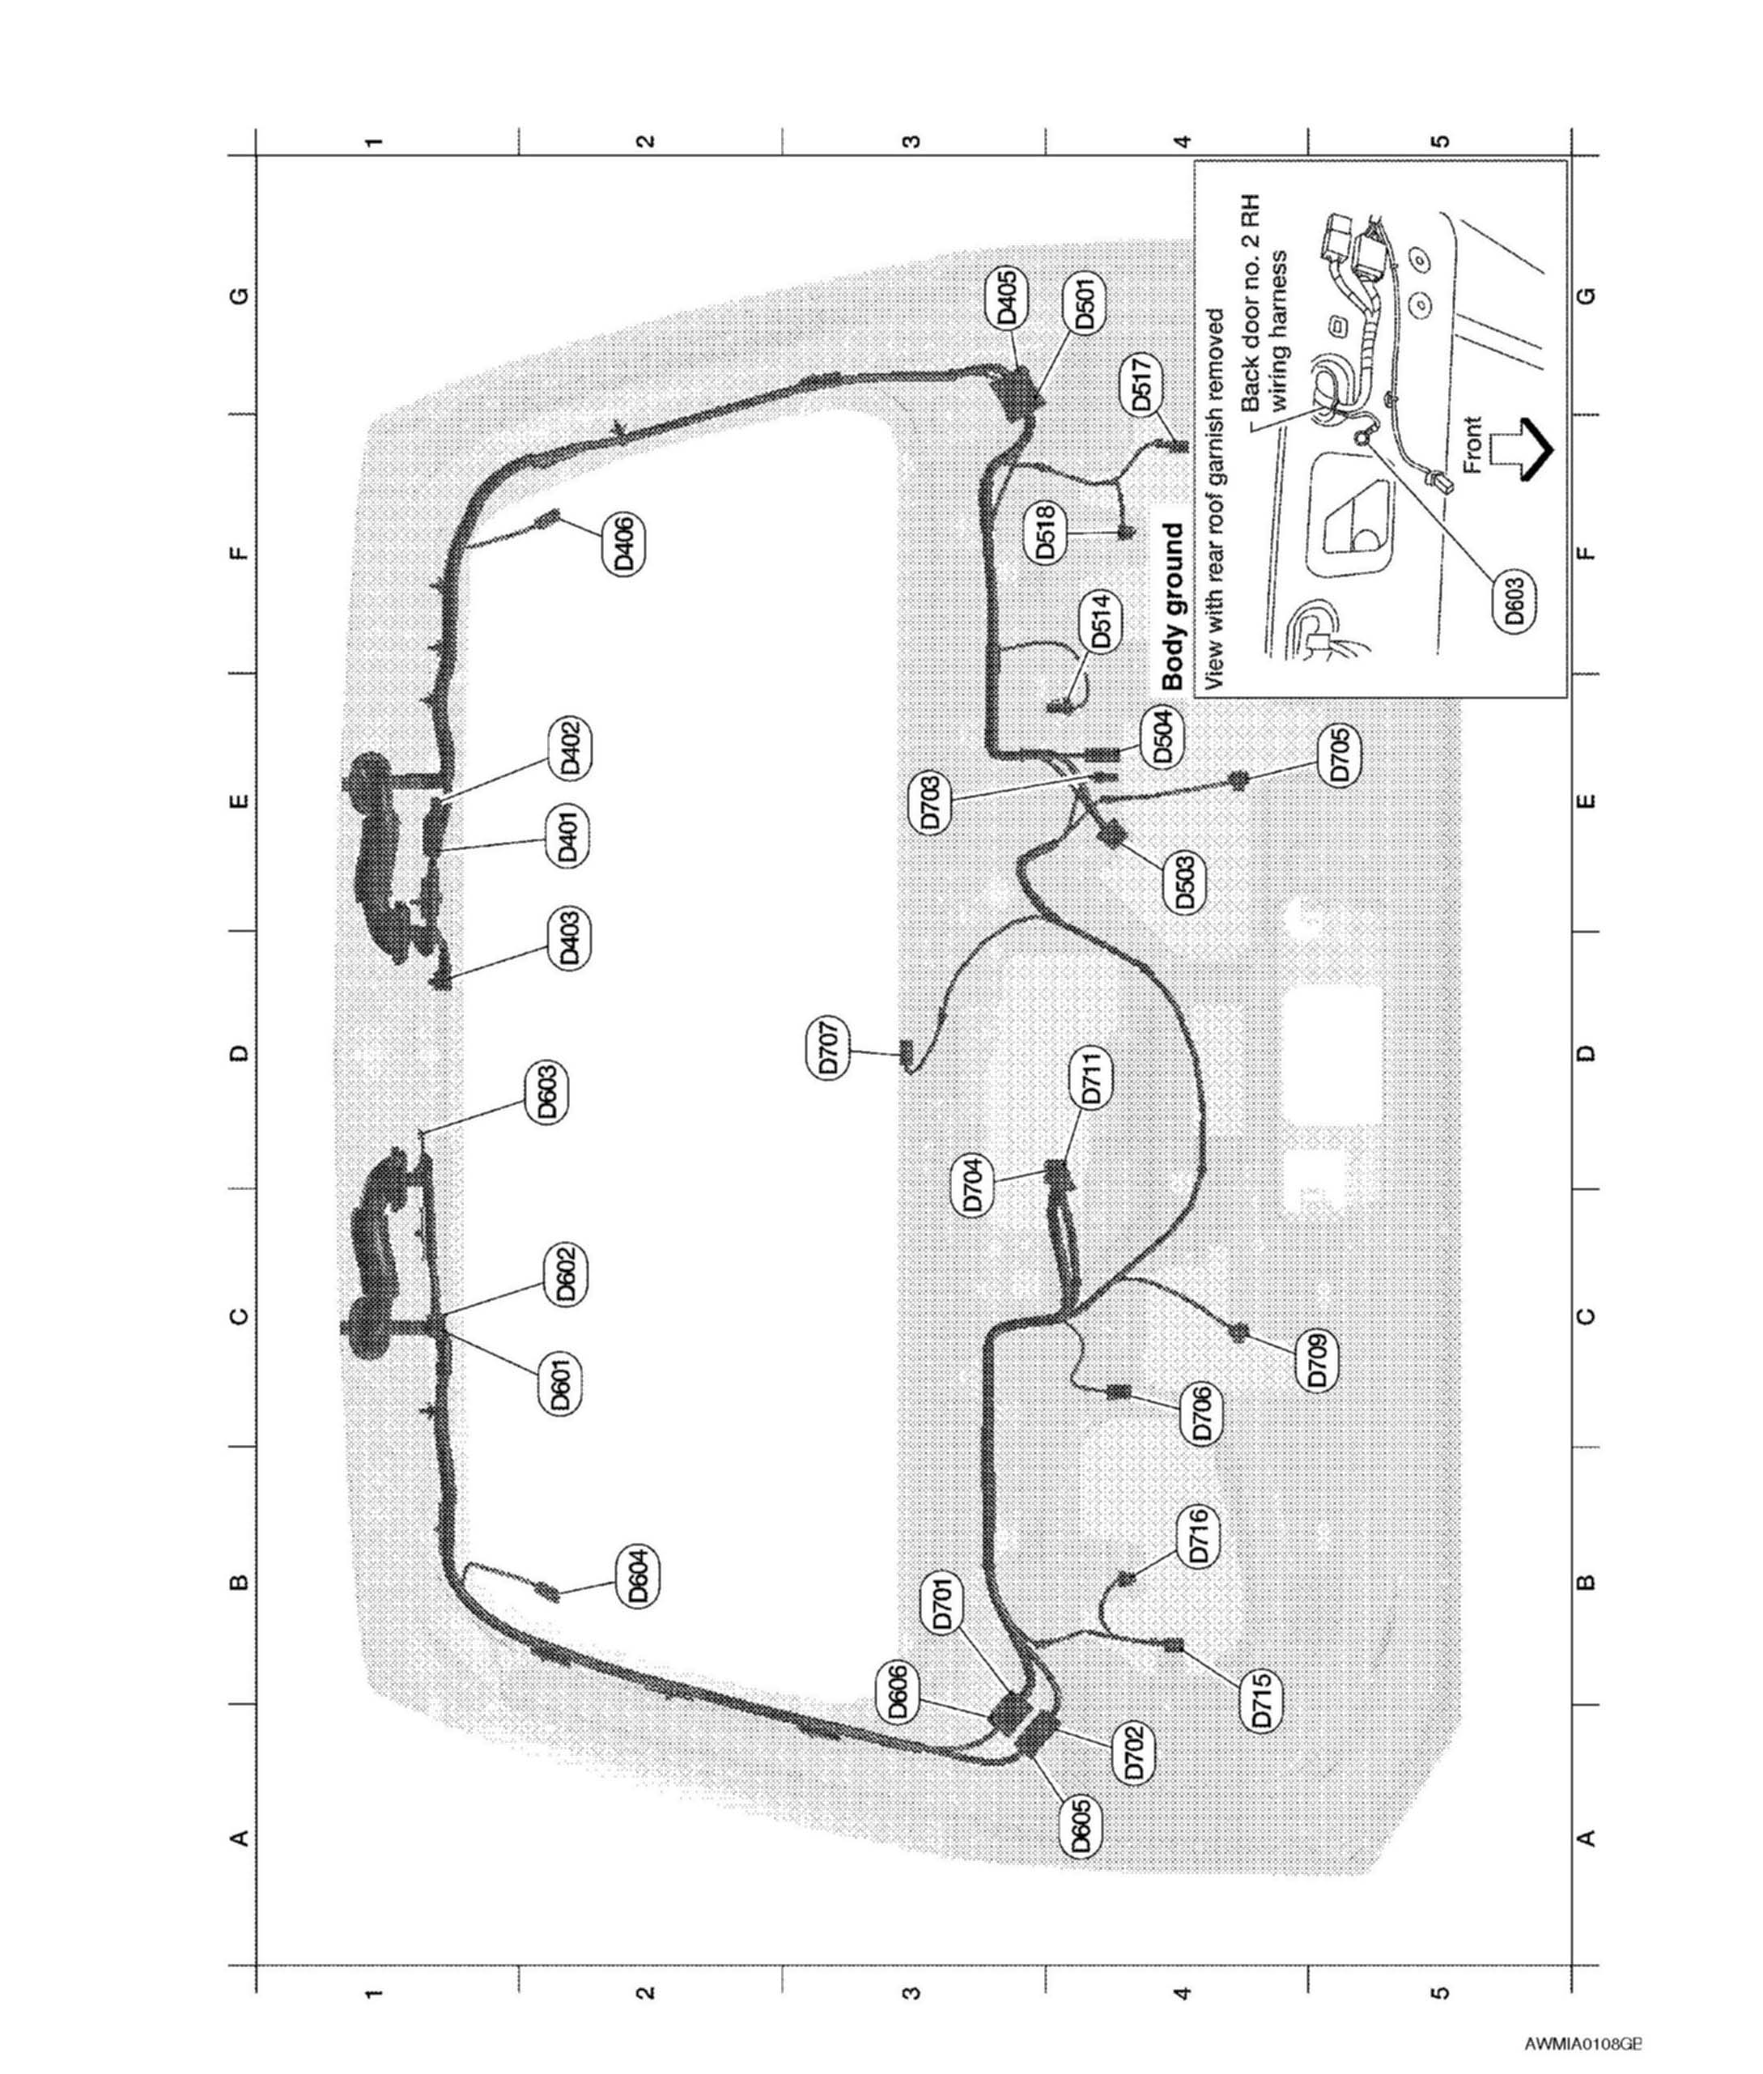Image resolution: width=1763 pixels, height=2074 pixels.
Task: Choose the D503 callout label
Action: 1185,882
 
